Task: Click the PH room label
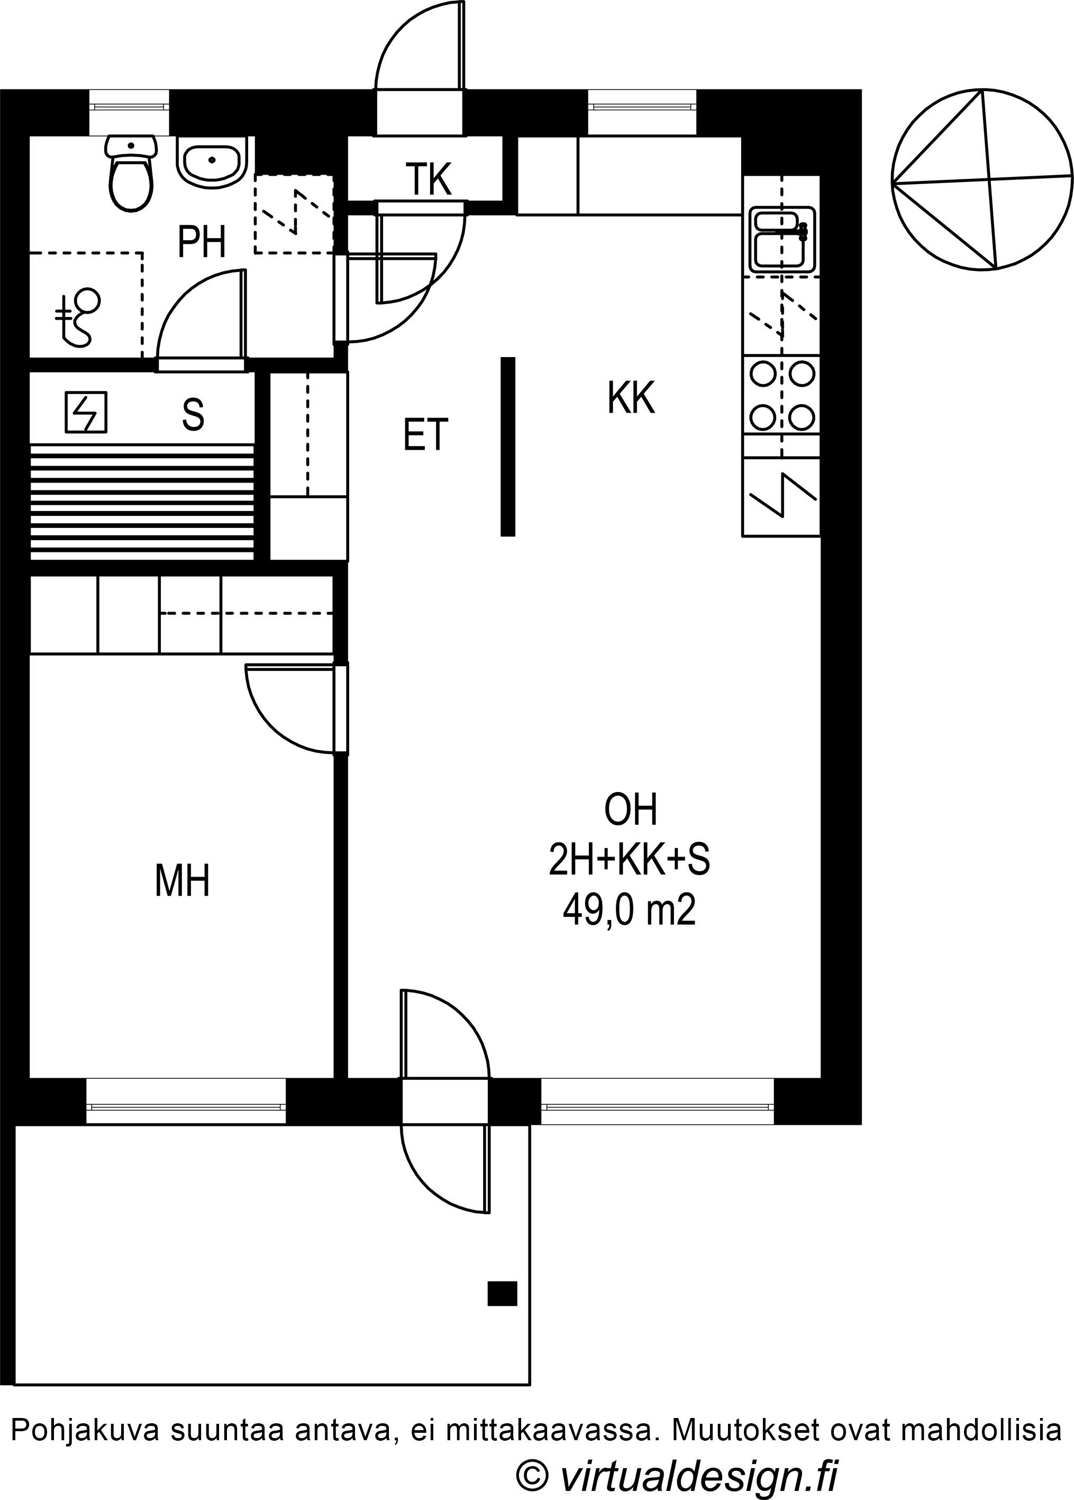pos(202,242)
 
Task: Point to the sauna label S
pos(193,414)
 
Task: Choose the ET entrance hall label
pos(426,434)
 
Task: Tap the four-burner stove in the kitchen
pos(782,396)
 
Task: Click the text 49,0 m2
pos(629,912)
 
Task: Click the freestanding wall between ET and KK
pos(507,447)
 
